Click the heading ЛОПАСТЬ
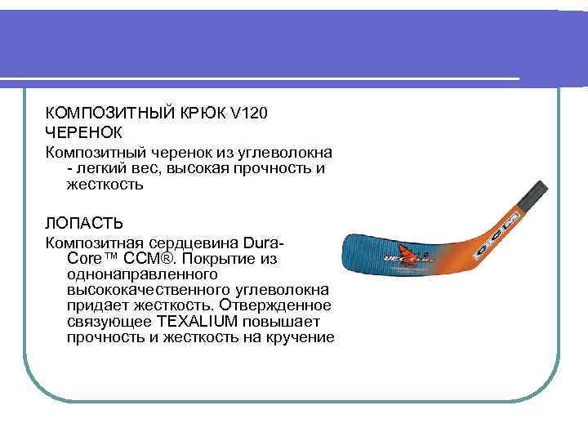(84, 223)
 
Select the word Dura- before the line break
(263, 243)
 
